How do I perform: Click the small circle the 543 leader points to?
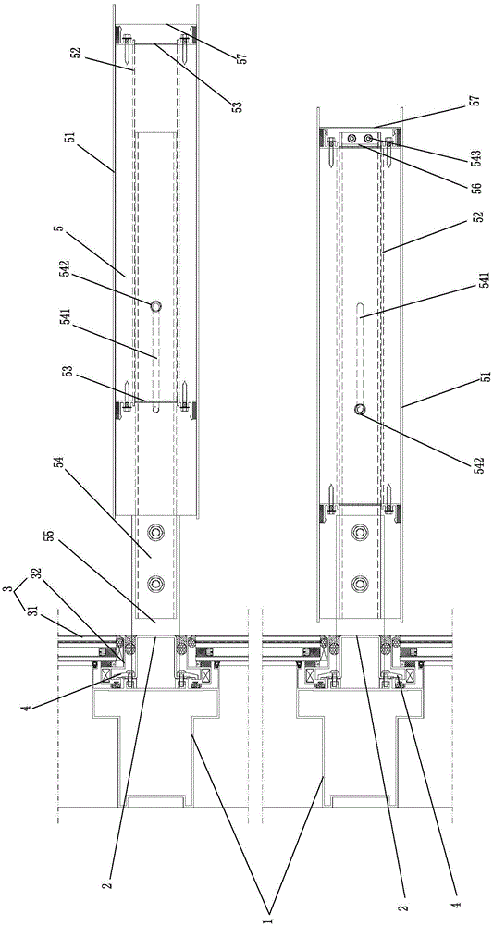pos(368,138)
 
